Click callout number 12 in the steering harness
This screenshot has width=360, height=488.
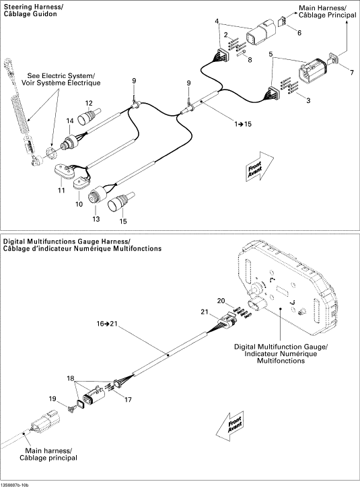pos(89,104)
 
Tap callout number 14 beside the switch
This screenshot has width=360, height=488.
pos(70,121)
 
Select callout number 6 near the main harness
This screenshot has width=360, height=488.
pos(299,33)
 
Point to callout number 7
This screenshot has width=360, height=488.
pos(352,73)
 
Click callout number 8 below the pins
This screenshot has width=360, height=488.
pos(250,60)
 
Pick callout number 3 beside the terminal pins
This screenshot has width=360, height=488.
pos(308,100)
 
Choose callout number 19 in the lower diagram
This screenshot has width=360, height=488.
pos(52,398)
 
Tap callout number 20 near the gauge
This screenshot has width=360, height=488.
pos(221,301)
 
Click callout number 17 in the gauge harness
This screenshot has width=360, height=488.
pos(129,400)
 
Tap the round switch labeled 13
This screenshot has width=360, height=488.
pos(98,195)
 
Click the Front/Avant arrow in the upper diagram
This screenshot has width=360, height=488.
pos(259,167)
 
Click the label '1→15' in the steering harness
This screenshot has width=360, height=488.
pos(243,124)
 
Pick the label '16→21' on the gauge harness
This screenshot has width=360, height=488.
pos(107,324)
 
